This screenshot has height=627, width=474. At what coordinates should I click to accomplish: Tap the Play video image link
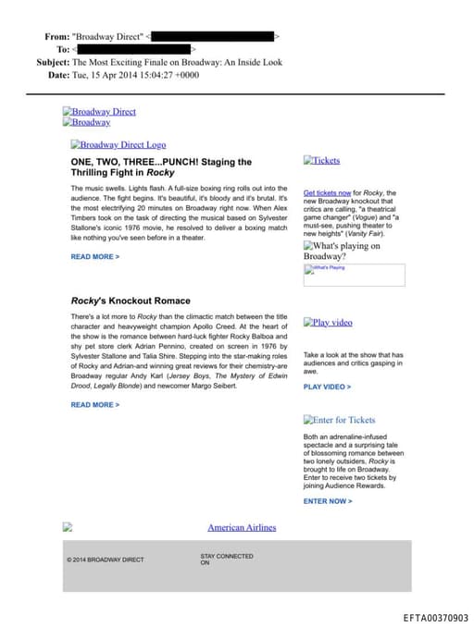coord(329,323)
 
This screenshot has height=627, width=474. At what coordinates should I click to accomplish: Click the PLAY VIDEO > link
coord(327,387)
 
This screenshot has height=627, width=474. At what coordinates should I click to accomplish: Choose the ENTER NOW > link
coord(328,501)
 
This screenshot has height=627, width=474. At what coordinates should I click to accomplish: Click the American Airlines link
coord(242,527)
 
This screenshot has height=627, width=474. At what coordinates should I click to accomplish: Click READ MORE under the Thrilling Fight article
coord(95,256)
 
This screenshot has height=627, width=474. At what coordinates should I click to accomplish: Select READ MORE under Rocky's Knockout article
coord(95,404)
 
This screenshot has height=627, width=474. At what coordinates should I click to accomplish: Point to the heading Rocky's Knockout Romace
coord(131,301)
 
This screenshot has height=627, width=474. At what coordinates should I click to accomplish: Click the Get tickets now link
coord(326,192)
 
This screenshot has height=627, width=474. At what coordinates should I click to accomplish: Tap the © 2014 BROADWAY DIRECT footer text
coord(106,559)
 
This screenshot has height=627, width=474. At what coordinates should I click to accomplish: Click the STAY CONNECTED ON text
coord(226,559)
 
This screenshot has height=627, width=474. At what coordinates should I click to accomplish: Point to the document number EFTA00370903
coord(436,618)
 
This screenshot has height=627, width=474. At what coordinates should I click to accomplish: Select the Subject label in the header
coord(52,62)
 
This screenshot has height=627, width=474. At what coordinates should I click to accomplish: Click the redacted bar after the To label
coord(133,48)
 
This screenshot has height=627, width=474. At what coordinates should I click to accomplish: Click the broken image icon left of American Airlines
coord(67,527)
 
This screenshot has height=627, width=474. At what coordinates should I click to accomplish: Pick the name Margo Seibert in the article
coord(212,386)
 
